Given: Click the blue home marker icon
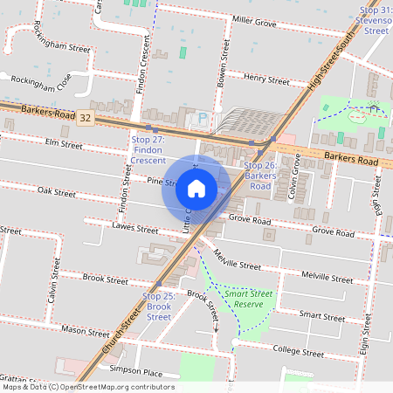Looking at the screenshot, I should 196,188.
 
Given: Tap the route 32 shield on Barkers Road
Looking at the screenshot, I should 85,116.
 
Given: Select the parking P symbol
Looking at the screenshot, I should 203,118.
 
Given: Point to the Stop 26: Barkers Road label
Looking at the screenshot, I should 260,176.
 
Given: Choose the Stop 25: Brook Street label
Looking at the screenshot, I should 159,307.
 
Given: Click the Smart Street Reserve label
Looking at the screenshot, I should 249,300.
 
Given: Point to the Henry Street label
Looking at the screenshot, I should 266,80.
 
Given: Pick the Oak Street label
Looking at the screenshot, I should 57,191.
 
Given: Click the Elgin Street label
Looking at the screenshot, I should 377,196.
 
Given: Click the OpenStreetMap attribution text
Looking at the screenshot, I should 87,387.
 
